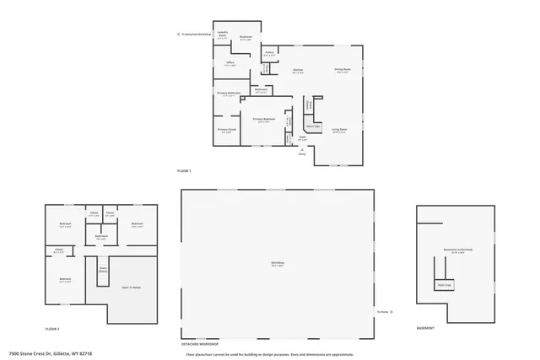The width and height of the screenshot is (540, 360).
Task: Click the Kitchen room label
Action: coord(297,70)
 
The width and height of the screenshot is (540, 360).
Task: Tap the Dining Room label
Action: coord(343,70)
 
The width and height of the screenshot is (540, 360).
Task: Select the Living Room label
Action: coord(339,129)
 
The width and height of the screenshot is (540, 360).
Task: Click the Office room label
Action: coord(229,62)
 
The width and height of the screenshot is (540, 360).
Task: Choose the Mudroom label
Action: coord(246,37)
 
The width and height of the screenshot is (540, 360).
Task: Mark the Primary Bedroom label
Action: coord(264,120)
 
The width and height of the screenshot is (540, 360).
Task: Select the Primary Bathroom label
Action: coord(229,93)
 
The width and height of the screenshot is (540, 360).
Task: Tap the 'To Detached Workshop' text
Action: coord(195,35)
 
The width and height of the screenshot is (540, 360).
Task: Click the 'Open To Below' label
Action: coord(131,287)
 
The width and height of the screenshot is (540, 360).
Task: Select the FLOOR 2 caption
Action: coord(52,328)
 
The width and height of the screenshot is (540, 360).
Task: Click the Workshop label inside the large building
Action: coord(277,263)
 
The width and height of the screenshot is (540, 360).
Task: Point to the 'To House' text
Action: coord(382,311)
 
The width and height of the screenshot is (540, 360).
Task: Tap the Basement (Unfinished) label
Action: coord(458,250)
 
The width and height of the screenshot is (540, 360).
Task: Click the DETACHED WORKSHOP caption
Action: coord(200,344)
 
